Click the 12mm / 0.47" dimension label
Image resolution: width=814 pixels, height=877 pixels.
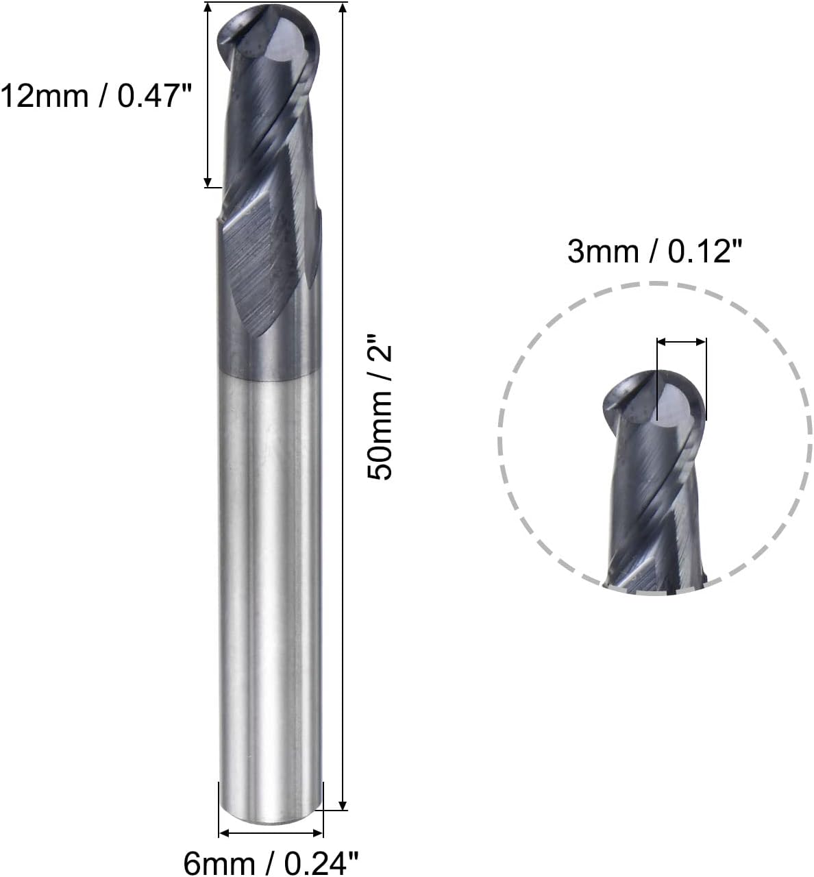(x=96, y=96)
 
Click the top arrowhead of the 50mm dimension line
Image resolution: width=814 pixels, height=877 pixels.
(x=343, y=8)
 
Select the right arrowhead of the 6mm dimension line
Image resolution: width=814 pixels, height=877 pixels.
(x=317, y=833)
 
